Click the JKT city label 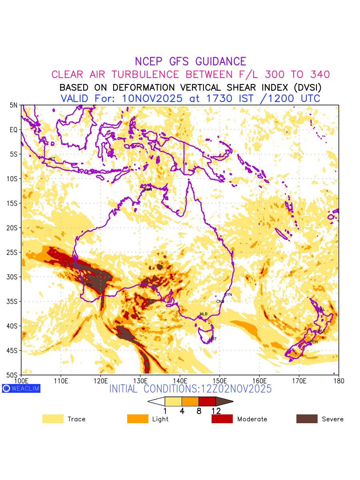[x=52, y=159]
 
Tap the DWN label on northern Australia [x=148, y=189]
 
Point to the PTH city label [x=88, y=285]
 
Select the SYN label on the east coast [x=228, y=295]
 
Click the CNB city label [x=220, y=302]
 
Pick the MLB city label [x=204, y=314]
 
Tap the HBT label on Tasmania [x=213, y=339]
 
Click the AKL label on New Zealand [x=321, y=309]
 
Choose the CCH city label [x=314, y=342]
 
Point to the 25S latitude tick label [x=14, y=252]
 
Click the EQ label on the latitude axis [x=14, y=130]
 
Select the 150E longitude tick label [x=220, y=380]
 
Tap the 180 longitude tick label [x=338, y=380]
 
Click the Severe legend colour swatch [x=307, y=419]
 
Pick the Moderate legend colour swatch [x=222, y=419]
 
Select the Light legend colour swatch [x=137, y=419]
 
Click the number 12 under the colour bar [x=216, y=411]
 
